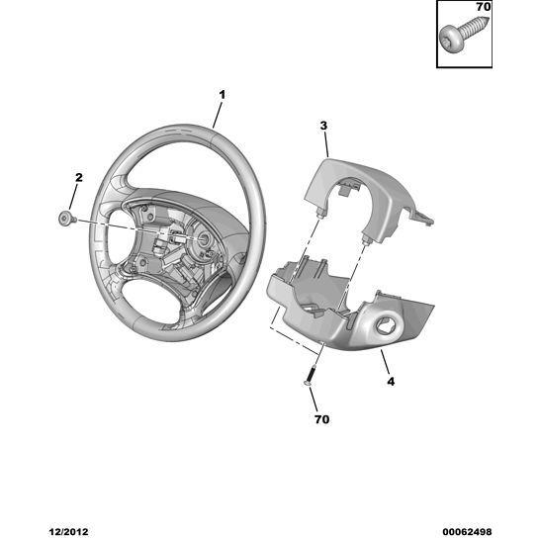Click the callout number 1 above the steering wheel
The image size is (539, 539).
(223, 95)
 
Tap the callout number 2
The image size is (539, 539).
(79, 178)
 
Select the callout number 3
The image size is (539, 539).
(323, 126)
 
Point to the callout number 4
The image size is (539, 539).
(391, 381)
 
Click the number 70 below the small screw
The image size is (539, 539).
(321, 419)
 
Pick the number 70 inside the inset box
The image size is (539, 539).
(483, 7)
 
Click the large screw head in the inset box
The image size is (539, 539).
(451, 39)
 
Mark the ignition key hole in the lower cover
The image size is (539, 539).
(386, 324)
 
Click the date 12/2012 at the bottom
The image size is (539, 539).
(68, 532)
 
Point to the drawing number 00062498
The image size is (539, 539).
(467, 532)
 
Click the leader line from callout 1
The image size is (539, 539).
(217, 115)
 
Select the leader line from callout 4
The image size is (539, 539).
(386, 362)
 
